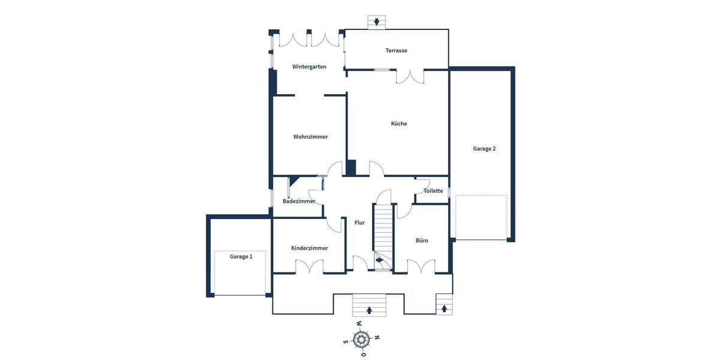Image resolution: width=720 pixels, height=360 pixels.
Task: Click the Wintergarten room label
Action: pyautogui.click(x=309, y=67)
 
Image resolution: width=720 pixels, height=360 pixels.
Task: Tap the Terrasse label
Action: pyautogui.click(x=396, y=50)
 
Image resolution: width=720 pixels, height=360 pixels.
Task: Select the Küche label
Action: pyautogui.click(x=399, y=124)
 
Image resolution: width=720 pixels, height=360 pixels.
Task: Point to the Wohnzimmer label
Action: pyautogui.click(x=310, y=137)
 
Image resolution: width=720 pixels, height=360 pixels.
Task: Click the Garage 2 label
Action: pyautogui.click(x=484, y=149)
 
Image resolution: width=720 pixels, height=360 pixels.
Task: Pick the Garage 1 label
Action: pyautogui.click(x=241, y=256)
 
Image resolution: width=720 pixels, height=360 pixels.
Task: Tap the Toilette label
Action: pyautogui.click(x=433, y=191)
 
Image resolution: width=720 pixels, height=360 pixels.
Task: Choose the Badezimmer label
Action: pyautogui.click(x=299, y=201)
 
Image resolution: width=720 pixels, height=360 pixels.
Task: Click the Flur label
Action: pyautogui.click(x=359, y=223)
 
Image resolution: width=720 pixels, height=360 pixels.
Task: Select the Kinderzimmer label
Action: pyautogui.click(x=310, y=248)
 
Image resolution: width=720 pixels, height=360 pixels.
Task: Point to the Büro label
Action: pyautogui.click(x=422, y=240)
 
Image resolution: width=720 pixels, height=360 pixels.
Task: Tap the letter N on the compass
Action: pyautogui.click(x=377, y=337)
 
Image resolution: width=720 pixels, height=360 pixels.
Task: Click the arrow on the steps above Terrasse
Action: pyautogui.click(x=377, y=22)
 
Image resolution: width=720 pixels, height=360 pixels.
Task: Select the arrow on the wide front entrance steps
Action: pyautogui.click(x=368, y=310)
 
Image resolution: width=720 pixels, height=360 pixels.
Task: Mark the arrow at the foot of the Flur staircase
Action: pyautogui.click(x=379, y=260)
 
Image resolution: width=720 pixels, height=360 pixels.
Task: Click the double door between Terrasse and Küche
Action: pyautogui.click(x=410, y=76)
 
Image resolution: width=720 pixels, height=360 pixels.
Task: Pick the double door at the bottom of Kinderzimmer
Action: pyautogui.click(x=310, y=268)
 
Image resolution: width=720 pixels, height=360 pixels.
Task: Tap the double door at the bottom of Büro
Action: pyautogui.click(x=421, y=267)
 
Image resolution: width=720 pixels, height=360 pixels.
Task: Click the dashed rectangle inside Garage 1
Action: pyautogui.click(x=240, y=272)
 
